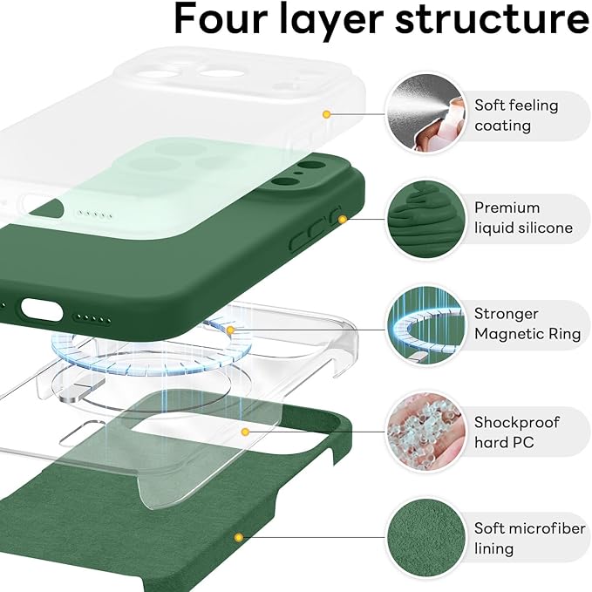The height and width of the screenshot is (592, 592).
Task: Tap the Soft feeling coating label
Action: [516, 115]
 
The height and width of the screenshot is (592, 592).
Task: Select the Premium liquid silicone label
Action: [523, 218]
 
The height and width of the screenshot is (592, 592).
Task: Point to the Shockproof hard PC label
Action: [516, 432]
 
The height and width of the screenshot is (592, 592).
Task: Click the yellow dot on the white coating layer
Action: [327, 114]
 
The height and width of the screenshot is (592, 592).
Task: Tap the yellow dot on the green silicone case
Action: [343, 219]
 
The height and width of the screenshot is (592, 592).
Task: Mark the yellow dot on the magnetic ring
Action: [230, 330]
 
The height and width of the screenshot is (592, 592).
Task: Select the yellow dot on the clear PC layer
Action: [246, 431]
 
